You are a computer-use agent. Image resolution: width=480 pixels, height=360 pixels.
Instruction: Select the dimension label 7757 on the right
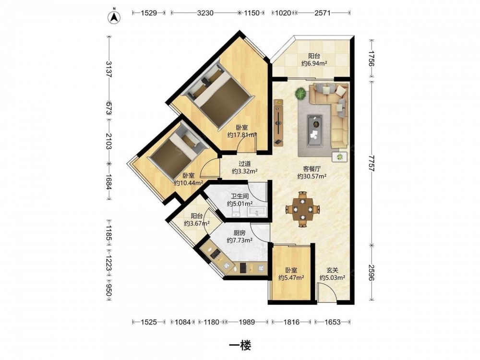click(x=372, y=163)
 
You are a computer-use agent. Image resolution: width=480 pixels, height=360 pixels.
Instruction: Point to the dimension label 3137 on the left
click(x=108, y=69)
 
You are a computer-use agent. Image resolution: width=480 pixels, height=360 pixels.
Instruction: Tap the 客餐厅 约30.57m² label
click(x=312, y=172)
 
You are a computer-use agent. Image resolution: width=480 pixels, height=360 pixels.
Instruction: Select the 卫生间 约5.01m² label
click(x=240, y=200)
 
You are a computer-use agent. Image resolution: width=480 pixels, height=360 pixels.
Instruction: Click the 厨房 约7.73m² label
click(x=240, y=237)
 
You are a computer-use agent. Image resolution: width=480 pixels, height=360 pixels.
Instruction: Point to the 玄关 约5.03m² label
click(x=333, y=274)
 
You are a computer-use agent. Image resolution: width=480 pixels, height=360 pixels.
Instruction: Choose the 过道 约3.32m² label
click(x=244, y=168)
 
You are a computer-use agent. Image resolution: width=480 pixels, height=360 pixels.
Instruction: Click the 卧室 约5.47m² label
click(x=291, y=274)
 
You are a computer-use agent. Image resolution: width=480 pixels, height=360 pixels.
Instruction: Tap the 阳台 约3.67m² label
click(x=196, y=219)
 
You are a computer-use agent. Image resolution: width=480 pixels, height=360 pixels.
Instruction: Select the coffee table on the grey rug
click(x=315, y=127)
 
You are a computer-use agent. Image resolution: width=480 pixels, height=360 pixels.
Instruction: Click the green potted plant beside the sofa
click(x=301, y=93)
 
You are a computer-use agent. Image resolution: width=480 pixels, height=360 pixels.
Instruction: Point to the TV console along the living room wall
click(x=278, y=121)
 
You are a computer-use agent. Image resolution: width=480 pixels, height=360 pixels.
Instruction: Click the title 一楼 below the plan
click(x=240, y=346)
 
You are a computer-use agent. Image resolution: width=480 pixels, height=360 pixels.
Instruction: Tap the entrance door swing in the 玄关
click(x=327, y=292)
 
